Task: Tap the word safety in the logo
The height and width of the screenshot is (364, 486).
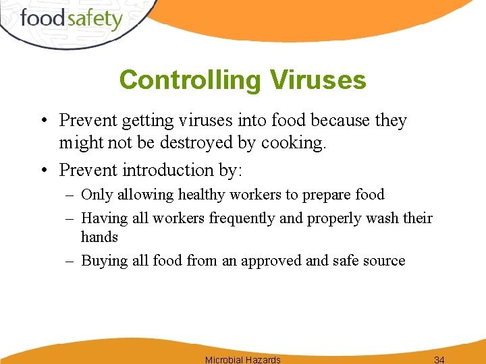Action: coord(94,19)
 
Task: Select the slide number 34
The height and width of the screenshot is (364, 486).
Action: coord(439,359)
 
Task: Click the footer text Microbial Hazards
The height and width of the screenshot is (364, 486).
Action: coord(242,359)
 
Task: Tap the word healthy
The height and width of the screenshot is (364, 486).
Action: coord(202,195)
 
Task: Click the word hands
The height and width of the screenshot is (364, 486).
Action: coord(99,237)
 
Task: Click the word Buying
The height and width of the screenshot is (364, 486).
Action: coord(102,261)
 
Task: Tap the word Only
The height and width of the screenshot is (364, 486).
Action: coord(97,195)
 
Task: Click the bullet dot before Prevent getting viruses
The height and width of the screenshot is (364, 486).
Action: coord(43,121)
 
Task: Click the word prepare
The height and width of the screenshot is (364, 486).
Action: coord(329,195)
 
